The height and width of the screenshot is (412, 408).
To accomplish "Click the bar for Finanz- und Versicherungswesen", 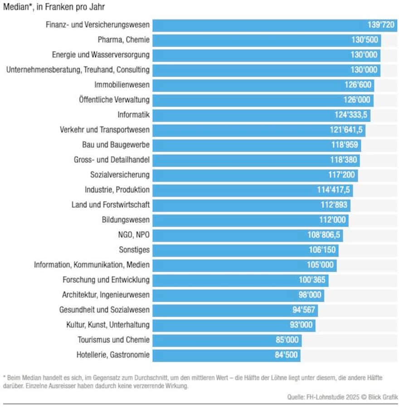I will pos(258,25).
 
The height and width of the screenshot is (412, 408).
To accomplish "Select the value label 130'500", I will pos(364,40).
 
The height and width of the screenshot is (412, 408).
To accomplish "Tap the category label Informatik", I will pos(133,115).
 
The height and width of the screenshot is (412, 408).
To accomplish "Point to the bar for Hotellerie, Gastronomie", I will pos(213,355).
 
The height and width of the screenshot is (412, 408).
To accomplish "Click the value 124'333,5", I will pos(351,115).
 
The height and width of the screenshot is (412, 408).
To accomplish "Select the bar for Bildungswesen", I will pos(236,220).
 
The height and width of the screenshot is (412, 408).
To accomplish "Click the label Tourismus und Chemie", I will pos(113,340).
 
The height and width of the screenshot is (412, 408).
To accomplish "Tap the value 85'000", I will pos(287,340).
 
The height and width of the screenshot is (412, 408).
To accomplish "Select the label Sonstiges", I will pos(134,250).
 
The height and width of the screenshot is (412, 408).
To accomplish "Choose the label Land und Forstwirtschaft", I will pos(110,205).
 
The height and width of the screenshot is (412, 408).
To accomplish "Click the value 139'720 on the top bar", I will pos(381,25).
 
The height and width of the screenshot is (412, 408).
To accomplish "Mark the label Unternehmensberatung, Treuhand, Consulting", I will pos(78,70).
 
